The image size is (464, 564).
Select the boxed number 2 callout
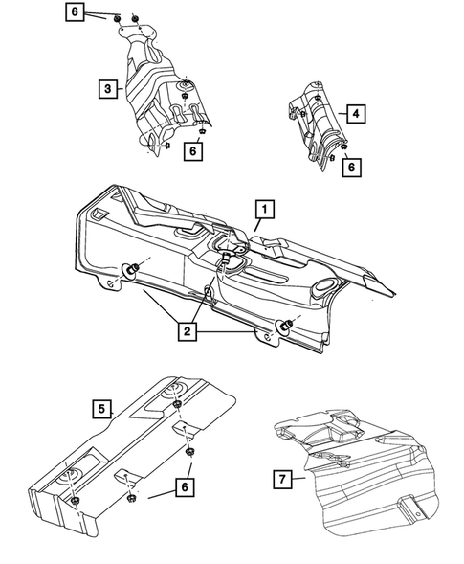pos(186,331)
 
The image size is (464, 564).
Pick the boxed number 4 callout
pos(356,115)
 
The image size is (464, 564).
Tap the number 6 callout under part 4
pos(352,166)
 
